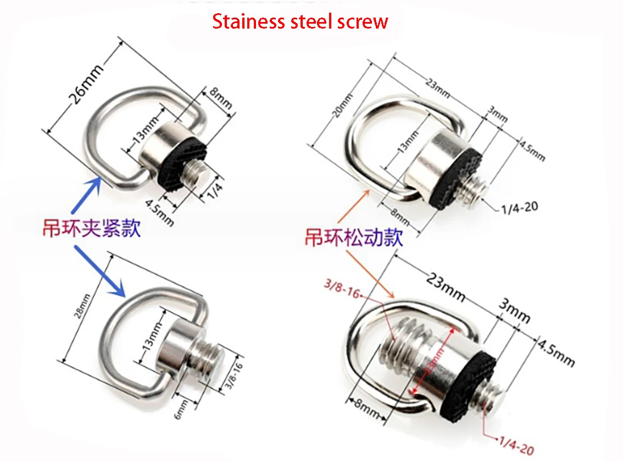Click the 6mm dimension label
(184, 409)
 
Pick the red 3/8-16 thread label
(343, 287)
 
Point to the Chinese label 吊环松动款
(354, 238)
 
